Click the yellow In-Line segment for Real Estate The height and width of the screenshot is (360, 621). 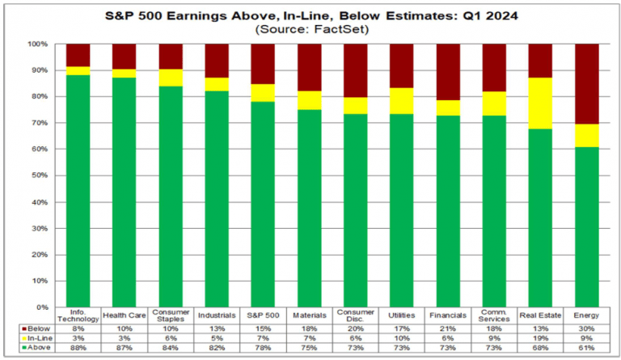pyautogui.click(x=540, y=103)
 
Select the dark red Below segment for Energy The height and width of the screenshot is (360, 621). pyautogui.click(x=586, y=84)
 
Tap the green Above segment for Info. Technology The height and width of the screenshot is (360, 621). pyautogui.click(x=78, y=191)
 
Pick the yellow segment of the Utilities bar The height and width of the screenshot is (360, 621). pyautogui.click(x=402, y=101)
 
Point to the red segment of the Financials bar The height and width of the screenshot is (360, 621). pyautogui.click(x=448, y=72)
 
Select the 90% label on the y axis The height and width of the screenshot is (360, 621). pyautogui.click(x=39, y=70)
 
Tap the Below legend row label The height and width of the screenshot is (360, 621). pyautogui.click(x=39, y=328)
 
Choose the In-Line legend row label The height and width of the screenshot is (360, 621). pyautogui.click(x=40, y=338)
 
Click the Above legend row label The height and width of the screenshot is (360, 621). pyautogui.click(x=39, y=347)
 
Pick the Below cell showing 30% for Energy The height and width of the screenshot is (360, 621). pyautogui.click(x=586, y=328)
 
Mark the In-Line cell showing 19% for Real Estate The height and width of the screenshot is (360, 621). pyautogui.click(x=540, y=338)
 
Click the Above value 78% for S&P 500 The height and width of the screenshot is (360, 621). pyautogui.click(x=263, y=348)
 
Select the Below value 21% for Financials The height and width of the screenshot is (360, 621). pyautogui.click(x=448, y=328)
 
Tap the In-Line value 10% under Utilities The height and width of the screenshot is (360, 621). pyautogui.click(x=402, y=338)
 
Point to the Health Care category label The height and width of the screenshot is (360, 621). pyautogui.click(x=125, y=316)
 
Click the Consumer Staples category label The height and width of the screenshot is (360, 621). pyautogui.click(x=171, y=316)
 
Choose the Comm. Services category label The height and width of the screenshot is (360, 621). pyautogui.click(x=494, y=316)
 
